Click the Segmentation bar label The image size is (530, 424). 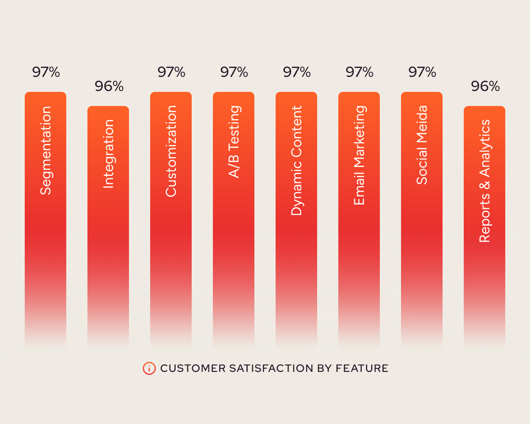click(45, 150)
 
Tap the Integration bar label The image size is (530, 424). click(108, 154)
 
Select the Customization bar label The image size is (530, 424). click(171, 151)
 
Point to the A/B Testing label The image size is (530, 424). click(234, 141)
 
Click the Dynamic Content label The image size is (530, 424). click(296, 160)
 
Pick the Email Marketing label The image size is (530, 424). click(359, 155)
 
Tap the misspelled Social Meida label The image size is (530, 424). click(422, 144)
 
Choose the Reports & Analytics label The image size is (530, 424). click(485, 181)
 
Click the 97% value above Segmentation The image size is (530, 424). click(46, 72)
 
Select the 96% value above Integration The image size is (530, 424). click(109, 86)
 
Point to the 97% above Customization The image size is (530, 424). click(171, 72)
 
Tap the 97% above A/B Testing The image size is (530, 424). click(234, 72)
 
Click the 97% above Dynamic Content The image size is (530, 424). click(297, 72)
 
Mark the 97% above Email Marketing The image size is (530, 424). click(360, 72)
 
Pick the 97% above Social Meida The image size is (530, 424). click(422, 72)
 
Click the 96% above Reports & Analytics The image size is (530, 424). click(485, 86)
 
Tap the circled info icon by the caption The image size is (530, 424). click(149, 368)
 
